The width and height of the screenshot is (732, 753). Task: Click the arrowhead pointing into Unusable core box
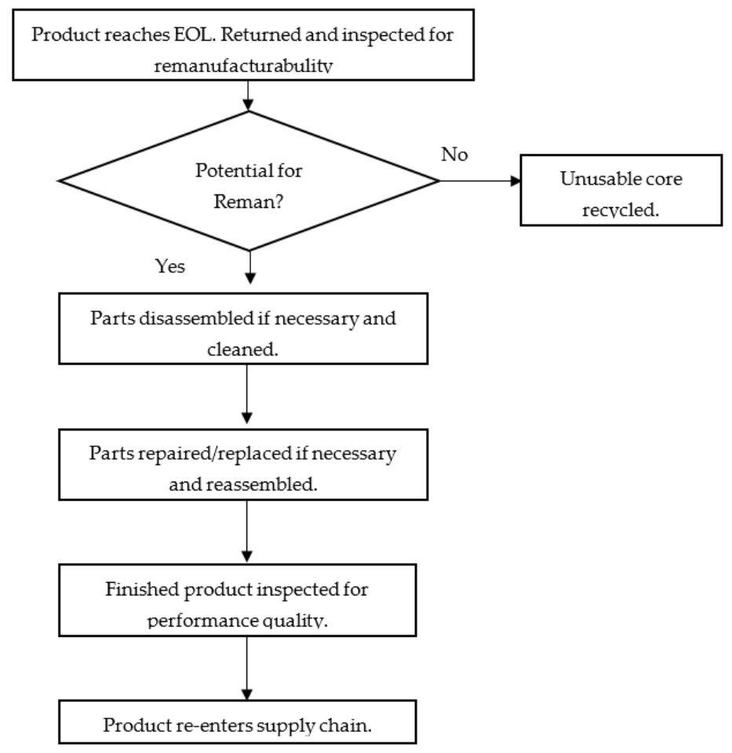coord(515,180)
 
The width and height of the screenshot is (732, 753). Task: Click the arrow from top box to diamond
coord(248,95)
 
